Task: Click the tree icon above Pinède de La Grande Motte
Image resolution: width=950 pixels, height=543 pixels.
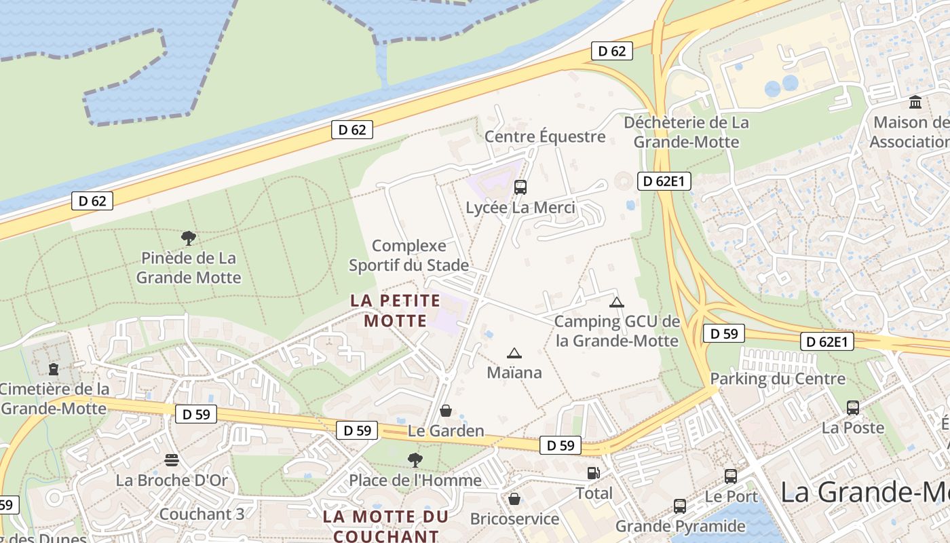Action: (189, 238)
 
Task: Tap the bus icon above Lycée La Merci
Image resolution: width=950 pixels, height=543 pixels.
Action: (520, 187)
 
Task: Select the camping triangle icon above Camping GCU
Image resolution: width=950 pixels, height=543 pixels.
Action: (616, 302)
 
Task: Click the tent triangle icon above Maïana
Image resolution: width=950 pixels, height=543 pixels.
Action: (514, 353)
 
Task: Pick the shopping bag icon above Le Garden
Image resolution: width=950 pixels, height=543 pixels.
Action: (446, 411)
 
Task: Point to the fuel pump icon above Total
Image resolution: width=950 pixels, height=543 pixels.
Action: (594, 473)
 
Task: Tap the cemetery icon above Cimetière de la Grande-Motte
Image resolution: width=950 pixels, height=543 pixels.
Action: (54, 369)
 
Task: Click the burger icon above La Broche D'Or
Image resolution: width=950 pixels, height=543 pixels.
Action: (172, 460)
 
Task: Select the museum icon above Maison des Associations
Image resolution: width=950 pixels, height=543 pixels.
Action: (915, 102)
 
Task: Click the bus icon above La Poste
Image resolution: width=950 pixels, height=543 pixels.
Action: (853, 408)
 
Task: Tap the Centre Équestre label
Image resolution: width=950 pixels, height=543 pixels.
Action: (545, 136)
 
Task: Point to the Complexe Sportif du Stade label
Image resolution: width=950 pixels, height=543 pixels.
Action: (408, 255)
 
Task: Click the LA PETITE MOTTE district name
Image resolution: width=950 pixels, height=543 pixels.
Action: (396, 310)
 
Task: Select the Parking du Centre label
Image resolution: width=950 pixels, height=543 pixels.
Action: (778, 379)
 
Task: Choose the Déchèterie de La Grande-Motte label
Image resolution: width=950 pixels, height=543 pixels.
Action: (687, 132)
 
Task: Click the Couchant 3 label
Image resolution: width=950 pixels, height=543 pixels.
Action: (202, 514)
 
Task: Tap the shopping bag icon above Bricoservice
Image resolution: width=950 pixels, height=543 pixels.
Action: (515, 499)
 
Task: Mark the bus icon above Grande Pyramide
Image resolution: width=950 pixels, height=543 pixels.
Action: (680, 506)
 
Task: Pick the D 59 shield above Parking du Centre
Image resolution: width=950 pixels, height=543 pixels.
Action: (724, 333)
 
